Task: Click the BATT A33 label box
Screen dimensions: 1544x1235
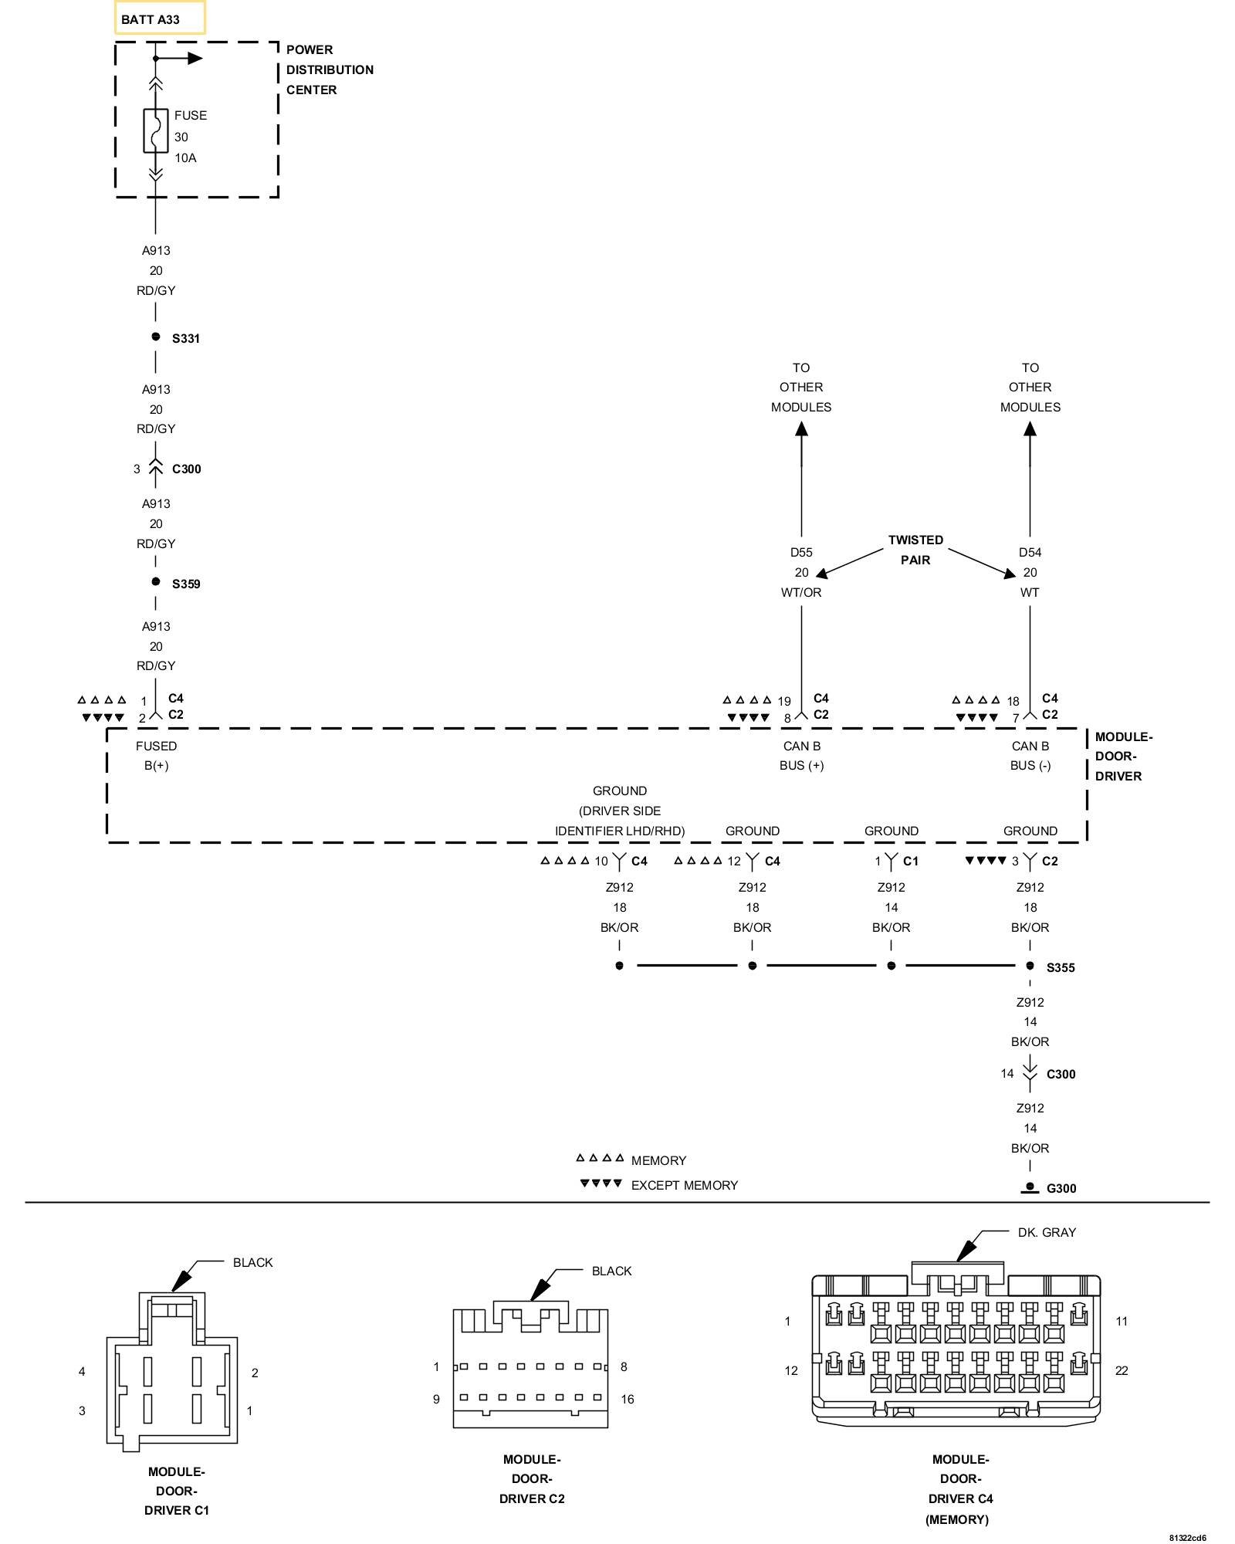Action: [160, 19]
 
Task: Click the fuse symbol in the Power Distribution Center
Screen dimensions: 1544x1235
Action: [155, 131]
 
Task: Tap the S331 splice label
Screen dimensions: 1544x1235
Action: [185, 338]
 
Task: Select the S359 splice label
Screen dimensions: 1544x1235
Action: [185, 584]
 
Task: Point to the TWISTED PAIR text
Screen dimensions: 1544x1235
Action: [915, 550]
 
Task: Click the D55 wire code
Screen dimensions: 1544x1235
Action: [801, 552]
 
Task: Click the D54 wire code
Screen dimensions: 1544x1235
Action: [1030, 552]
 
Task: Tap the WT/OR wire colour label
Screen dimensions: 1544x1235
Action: [801, 592]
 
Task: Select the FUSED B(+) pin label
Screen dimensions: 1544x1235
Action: [156, 756]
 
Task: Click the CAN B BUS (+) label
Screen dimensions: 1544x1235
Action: [801, 756]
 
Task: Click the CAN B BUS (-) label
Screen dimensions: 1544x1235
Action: [1030, 756]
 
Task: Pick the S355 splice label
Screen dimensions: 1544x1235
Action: [1060, 967]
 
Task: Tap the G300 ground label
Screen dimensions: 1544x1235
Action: [1061, 1188]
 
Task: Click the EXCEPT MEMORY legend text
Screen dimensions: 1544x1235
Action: [684, 1185]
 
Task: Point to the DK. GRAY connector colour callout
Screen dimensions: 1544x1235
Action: [1046, 1232]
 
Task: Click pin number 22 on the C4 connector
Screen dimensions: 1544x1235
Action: [1121, 1370]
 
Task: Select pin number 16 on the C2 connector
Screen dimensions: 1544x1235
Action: [627, 1399]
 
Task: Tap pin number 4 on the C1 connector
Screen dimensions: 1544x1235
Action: [82, 1371]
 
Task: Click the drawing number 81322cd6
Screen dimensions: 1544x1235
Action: [1186, 1537]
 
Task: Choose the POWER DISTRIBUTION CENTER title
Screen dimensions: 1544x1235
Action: [330, 69]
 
